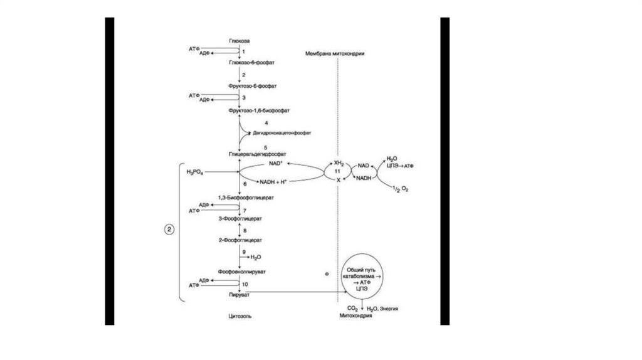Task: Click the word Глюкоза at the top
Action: [239, 41]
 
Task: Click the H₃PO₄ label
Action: [195, 172]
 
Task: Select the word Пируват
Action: [239, 293]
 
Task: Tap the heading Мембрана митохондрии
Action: [335, 54]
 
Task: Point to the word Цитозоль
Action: [240, 317]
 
